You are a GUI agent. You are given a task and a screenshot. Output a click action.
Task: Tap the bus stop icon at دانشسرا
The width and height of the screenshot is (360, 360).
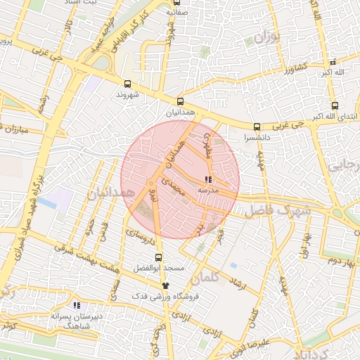tap(256, 127)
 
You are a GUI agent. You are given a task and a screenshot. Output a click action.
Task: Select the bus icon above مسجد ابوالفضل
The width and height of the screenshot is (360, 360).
tap(158, 257)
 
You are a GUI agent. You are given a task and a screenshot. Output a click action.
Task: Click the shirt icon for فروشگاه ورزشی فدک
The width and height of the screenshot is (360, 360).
tap(165, 285)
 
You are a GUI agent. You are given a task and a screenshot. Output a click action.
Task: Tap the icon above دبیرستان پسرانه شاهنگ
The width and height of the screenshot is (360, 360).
tap(77, 305)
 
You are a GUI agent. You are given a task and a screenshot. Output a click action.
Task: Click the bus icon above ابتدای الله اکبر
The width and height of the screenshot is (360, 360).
tap(335, 106)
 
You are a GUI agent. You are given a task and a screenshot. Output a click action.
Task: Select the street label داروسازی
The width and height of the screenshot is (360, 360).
tap(140, 236)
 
